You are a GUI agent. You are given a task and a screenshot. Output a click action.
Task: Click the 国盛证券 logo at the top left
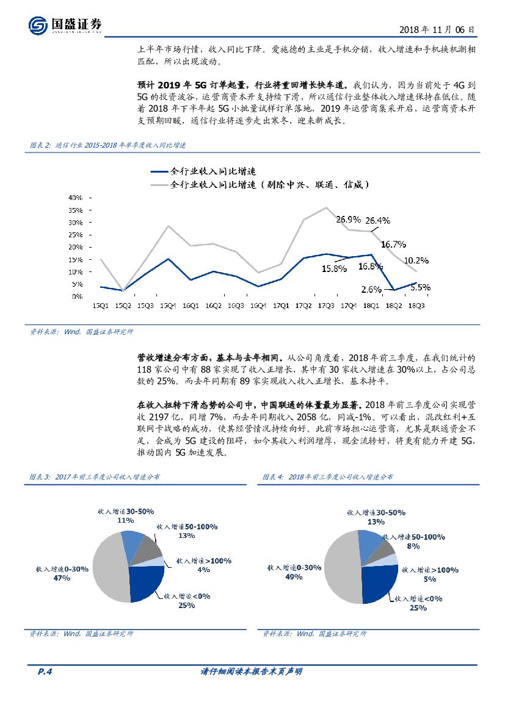coord(65,25)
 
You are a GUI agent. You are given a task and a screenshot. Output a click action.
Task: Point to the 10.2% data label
coord(415,260)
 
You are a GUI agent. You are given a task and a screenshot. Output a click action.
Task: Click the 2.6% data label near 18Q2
coord(371,289)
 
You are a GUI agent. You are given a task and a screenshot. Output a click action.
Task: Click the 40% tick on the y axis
coord(75,198)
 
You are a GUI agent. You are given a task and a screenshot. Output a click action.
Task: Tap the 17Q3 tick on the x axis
coord(325,305)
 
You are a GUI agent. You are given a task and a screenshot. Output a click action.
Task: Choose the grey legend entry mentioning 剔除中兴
coord(271,184)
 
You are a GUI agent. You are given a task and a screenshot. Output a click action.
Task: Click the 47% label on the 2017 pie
coord(62,577)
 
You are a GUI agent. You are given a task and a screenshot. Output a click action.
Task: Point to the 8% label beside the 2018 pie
coord(413,546)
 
